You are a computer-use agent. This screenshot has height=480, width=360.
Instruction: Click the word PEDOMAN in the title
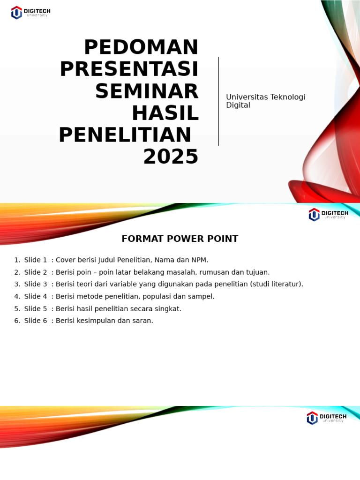point(141,47)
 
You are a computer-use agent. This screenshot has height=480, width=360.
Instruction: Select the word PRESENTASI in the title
point(129,69)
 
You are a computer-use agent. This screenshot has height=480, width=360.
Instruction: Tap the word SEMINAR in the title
point(147,91)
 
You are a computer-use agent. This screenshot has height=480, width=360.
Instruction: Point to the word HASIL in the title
point(165,113)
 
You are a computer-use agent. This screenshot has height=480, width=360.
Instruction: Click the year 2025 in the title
point(171,157)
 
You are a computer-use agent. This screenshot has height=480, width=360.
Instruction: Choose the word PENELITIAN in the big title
point(125,135)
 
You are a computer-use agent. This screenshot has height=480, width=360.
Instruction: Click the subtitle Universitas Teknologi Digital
point(265,101)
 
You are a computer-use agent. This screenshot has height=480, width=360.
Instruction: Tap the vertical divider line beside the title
point(218,101)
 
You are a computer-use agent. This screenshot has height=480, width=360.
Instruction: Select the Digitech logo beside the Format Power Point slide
point(328,215)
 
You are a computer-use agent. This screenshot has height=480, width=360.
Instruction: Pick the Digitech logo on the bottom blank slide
point(326,418)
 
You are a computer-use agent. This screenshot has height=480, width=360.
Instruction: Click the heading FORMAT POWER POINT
point(180,239)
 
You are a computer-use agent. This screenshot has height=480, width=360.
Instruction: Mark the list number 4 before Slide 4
point(16,296)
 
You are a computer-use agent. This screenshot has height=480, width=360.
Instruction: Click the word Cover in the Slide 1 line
point(66,260)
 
